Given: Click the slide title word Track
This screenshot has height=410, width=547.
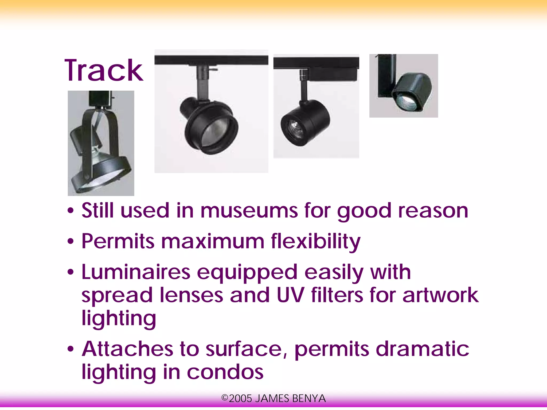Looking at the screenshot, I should pyautogui.click(x=104, y=71).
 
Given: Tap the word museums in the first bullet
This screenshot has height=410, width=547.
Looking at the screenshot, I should pyautogui.click(x=249, y=211).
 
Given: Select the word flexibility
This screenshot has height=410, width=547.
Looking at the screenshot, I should pyautogui.click(x=315, y=242).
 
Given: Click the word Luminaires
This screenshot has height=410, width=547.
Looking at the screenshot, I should pyautogui.click(x=136, y=272).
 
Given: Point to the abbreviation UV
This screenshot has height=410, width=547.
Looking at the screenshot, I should pyautogui.click(x=290, y=295).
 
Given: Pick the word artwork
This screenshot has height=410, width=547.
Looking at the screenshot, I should pyautogui.click(x=440, y=295).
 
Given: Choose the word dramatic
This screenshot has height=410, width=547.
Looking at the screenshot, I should pyautogui.click(x=422, y=349).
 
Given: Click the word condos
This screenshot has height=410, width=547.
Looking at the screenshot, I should pyautogui.click(x=225, y=372).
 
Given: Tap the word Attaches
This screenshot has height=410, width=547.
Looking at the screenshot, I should pyautogui.click(x=127, y=349).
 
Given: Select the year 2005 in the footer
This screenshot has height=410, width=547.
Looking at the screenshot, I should pyautogui.click(x=240, y=399).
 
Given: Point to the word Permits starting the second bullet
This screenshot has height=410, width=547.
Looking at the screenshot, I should pyautogui.click(x=118, y=242).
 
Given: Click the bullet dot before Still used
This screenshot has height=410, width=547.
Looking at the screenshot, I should pyautogui.click(x=71, y=211).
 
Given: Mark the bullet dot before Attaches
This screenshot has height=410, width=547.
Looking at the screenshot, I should pyautogui.click(x=71, y=349).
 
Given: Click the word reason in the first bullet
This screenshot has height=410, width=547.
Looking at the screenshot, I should pyautogui.click(x=433, y=211).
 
